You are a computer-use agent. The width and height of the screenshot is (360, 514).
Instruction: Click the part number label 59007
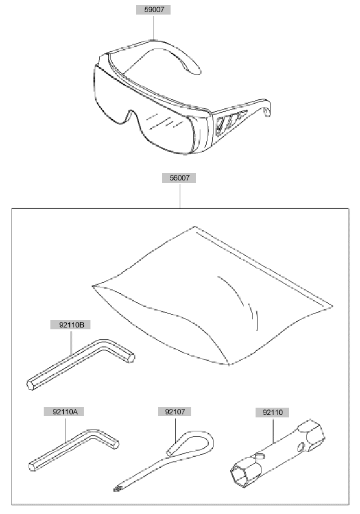154,10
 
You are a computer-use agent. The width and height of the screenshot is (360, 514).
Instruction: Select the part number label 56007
179,178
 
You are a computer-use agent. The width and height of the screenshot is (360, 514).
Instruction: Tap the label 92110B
70,325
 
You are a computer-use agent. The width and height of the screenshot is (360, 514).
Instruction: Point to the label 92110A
64,412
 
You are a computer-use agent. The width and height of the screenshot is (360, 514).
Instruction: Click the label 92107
175,412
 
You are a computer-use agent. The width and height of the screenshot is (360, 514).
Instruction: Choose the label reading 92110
272,413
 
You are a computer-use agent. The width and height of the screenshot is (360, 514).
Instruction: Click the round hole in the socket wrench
301,446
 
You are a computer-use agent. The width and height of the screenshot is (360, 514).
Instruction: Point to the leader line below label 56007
180,196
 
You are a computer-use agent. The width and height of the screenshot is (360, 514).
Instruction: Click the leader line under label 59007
154,27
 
